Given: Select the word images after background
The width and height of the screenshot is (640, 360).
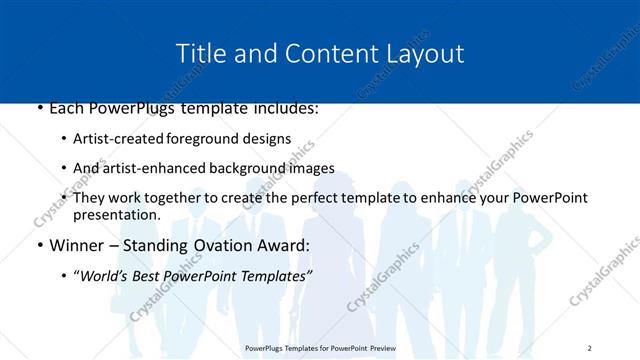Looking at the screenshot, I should point(311,168).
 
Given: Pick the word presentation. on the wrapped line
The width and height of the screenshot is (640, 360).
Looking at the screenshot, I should point(116,214).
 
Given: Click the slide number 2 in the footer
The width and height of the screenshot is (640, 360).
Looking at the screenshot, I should point(590,348).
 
